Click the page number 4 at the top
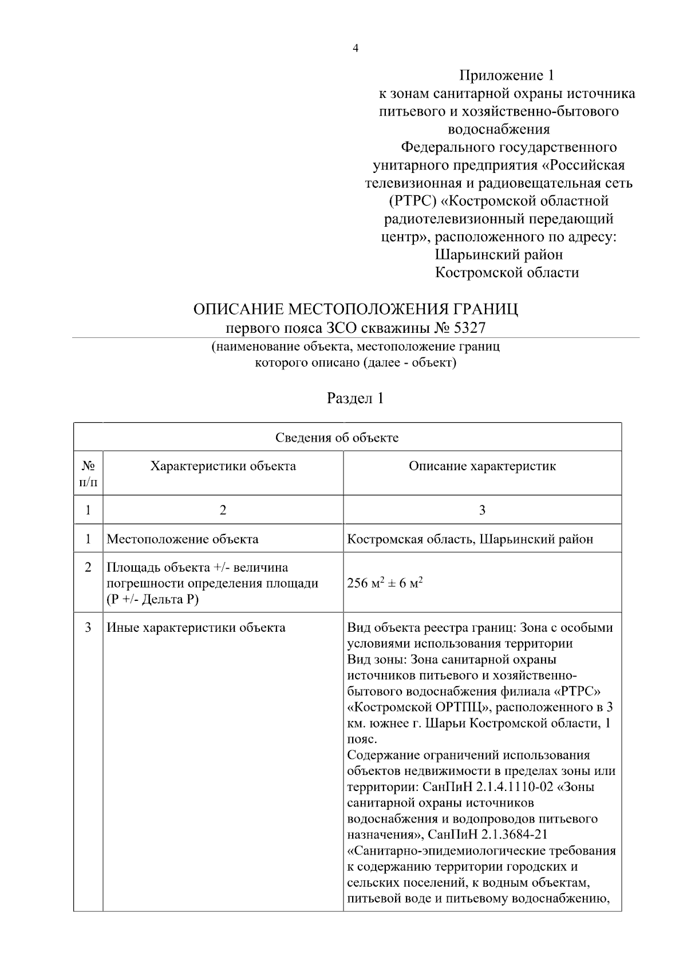(x=356, y=49)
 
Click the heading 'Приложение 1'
(x=507, y=76)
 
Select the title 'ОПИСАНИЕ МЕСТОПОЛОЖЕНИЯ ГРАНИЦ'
(x=356, y=310)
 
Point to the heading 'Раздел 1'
(x=355, y=398)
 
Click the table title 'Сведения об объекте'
(x=337, y=438)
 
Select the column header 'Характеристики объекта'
(x=223, y=466)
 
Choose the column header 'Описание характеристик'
(x=482, y=466)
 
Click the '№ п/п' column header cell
(x=88, y=474)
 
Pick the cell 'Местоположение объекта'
(x=183, y=539)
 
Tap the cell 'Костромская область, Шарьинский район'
(x=470, y=539)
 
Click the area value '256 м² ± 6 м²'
(x=385, y=584)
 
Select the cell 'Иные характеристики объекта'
(x=196, y=628)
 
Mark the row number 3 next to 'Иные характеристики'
(x=88, y=628)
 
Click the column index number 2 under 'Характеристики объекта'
(x=223, y=510)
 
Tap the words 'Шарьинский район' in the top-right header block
(x=499, y=254)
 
